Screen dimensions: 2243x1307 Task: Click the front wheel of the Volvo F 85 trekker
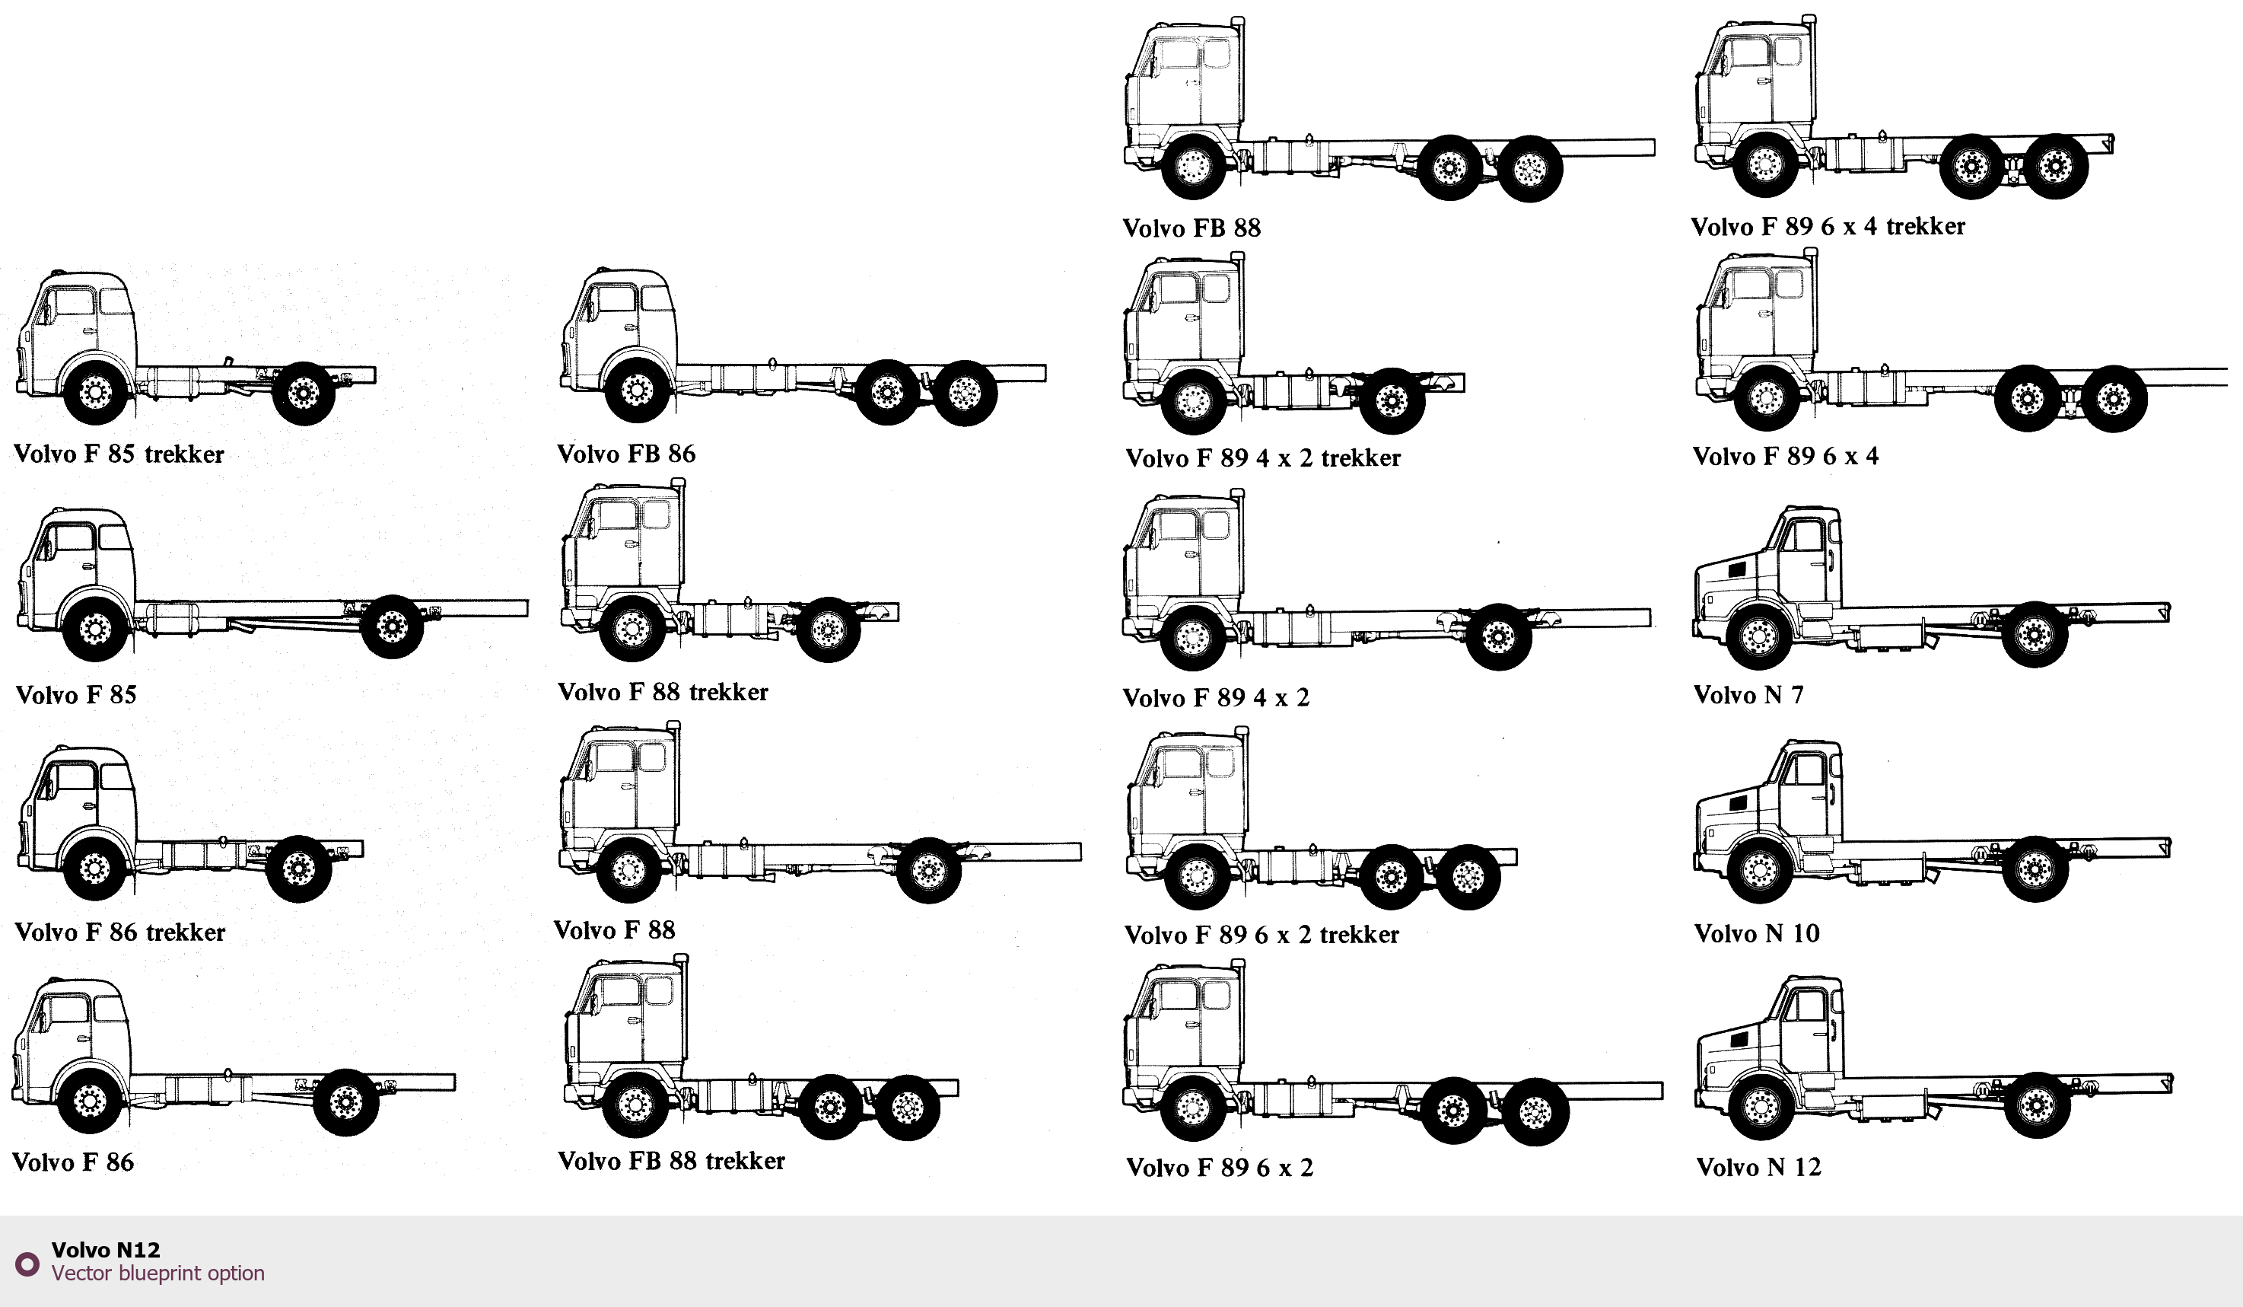pyautogui.click(x=96, y=392)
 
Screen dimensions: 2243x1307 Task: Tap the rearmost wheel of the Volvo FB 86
pyautogui.click(x=965, y=393)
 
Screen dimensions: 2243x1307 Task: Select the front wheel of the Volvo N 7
pyautogui.click(x=1758, y=636)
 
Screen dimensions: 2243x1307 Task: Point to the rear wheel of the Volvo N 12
pyautogui.click(x=2037, y=1105)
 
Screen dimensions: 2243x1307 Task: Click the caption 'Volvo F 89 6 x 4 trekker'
pyautogui.click(x=1828, y=226)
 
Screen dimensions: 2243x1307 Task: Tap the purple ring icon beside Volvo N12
pyautogui.click(x=27, y=1264)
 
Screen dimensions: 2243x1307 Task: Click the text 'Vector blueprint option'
pyautogui.click(x=157, y=1274)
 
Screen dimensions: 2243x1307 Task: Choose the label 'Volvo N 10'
pyautogui.click(x=1757, y=933)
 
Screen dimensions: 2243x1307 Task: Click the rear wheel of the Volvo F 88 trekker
pyautogui.click(x=828, y=630)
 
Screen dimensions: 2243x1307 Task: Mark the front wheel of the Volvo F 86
pyautogui.click(x=90, y=1102)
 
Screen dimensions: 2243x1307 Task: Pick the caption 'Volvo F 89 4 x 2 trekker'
pyautogui.click(x=1263, y=457)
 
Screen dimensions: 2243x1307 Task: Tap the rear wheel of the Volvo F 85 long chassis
pyautogui.click(x=392, y=626)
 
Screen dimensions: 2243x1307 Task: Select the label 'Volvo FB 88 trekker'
pyautogui.click(x=671, y=1161)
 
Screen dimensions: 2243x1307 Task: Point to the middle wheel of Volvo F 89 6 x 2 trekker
pyautogui.click(x=1391, y=877)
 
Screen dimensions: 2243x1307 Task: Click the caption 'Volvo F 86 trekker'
pyautogui.click(x=120, y=932)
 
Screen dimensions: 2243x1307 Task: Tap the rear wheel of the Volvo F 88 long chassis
pyautogui.click(x=928, y=870)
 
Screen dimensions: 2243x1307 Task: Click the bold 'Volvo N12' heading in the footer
pyautogui.click(x=106, y=1250)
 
